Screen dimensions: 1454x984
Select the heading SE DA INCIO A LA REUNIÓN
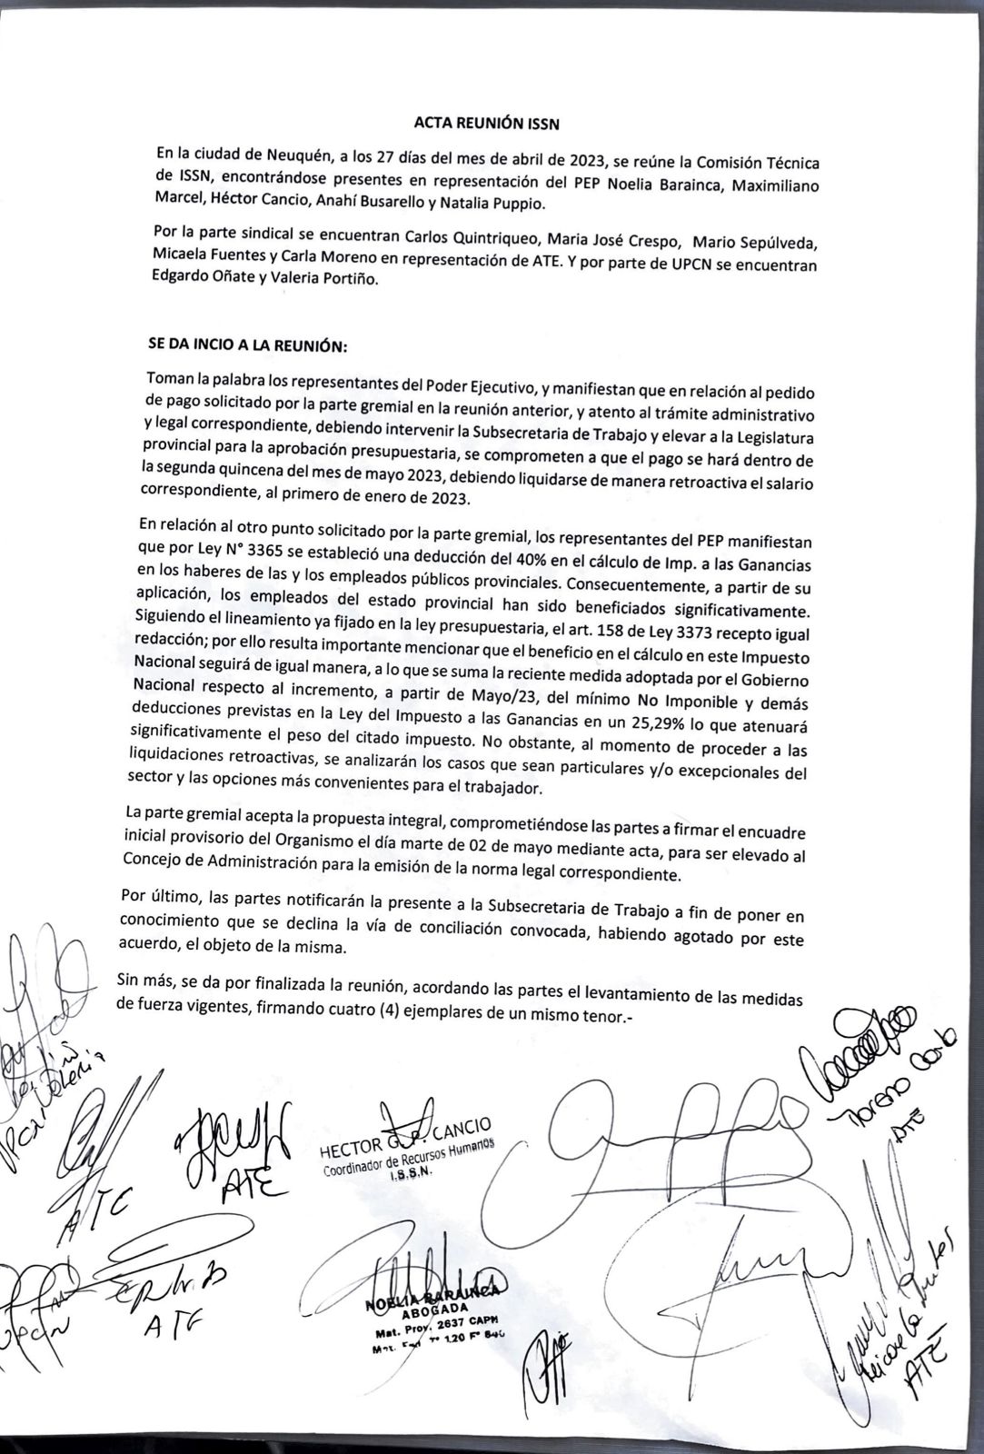[248, 346]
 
